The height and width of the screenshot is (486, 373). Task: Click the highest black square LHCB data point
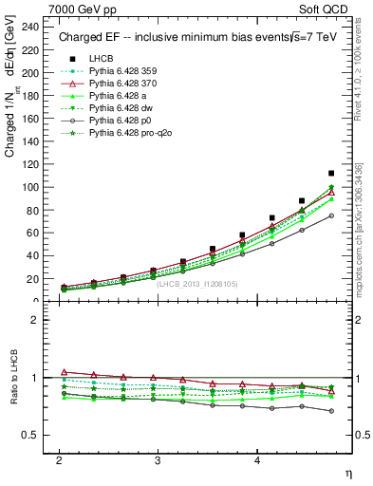[331, 174]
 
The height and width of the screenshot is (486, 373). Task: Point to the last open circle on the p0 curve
[331, 215]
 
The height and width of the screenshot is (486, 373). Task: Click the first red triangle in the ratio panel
[64, 372]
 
